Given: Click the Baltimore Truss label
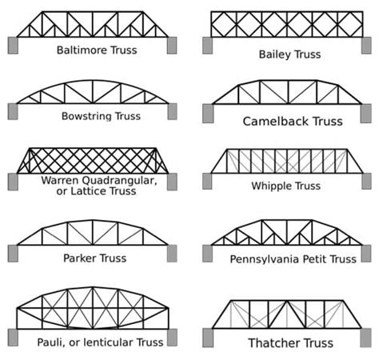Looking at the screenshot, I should [x=97, y=50].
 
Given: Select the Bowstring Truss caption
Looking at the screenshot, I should [x=101, y=116].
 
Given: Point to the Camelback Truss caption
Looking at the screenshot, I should [x=292, y=122].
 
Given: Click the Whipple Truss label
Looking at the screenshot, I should [x=285, y=186].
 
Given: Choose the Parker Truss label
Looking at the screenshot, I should [x=96, y=258].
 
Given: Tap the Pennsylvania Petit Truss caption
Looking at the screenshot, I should [x=293, y=259].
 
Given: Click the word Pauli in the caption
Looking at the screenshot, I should [x=53, y=342].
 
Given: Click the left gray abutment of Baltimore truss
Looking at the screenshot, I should [x=13, y=45].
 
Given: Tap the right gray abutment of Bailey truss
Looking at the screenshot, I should [x=365, y=45].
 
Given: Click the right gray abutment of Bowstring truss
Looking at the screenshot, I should [x=172, y=111].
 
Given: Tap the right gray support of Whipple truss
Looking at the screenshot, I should [x=365, y=181].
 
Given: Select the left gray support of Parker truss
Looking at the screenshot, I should [x=13, y=254].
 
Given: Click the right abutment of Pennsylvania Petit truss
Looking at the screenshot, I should [x=365, y=254].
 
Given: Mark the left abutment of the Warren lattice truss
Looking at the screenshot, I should [x=13, y=182].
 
